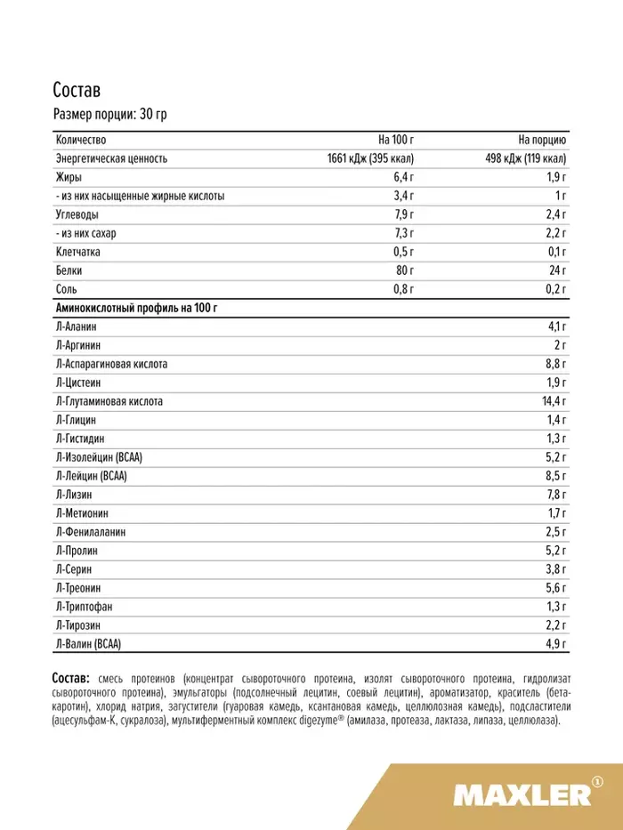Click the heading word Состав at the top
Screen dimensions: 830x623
click(x=77, y=92)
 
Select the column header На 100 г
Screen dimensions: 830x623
click(x=396, y=140)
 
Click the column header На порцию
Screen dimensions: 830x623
click(x=543, y=140)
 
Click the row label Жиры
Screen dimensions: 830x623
click(x=67, y=177)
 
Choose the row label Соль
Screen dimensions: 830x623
click(x=66, y=289)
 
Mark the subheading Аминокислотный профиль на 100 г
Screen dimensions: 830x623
click(x=136, y=308)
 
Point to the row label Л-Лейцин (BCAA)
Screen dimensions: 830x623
click(x=91, y=476)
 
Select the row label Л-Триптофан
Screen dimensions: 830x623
click(x=84, y=607)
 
